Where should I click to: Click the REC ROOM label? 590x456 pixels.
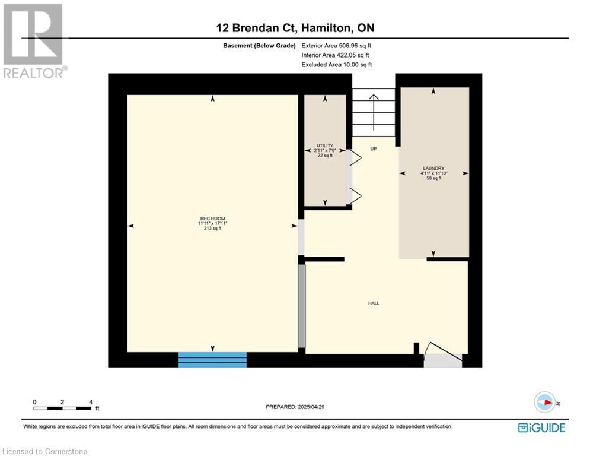click(213, 218)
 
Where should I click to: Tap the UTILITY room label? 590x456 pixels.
click(325, 145)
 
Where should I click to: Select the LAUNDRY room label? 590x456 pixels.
click(433, 168)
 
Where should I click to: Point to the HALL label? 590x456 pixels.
click(374, 303)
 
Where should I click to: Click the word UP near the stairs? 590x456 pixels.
click(373, 149)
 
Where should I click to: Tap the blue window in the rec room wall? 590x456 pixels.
click(212, 360)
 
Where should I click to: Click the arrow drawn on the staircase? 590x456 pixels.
click(373, 112)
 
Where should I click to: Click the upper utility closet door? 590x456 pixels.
click(353, 158)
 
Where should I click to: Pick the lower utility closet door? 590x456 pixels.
click(353, 195)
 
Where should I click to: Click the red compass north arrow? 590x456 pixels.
click(548, 403)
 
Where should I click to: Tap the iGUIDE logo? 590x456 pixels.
click(541, 427)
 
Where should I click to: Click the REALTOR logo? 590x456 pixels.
click(33, 41)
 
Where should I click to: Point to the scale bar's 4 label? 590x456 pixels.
click(91, 402)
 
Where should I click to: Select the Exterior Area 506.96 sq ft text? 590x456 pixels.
click(336, 46)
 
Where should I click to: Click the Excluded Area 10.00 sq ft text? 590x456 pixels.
click(337, 65)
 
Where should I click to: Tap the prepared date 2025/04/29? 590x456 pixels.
click(311, 407)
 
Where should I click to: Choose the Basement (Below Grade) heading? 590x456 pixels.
click(259, 46)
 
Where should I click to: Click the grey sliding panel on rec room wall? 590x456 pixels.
click(302, 306)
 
